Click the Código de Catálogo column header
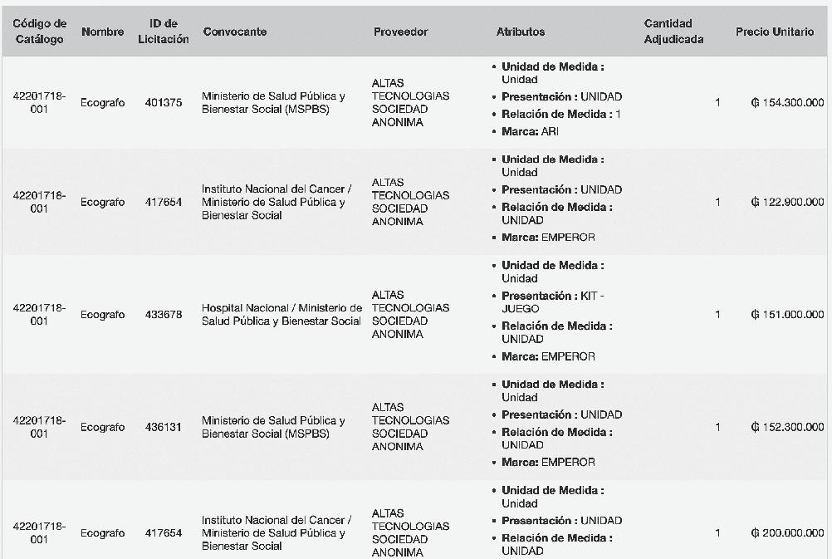[x=39, y=32]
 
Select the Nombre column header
[x=103, y=32]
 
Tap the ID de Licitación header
[x=164, y=32]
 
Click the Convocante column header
[x=235, y=32]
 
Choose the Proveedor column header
[x=401, y=32]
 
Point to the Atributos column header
[x=521, y=32]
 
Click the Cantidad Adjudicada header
[x=673, y=32]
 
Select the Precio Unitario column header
[x=775, y=32]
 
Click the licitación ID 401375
[x=164, y=103]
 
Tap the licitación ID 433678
[x=164, y=315]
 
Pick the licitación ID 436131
[x=164, y=428]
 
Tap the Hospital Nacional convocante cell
[x=281, y=315]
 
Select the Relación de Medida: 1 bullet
[x=560, y=114]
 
